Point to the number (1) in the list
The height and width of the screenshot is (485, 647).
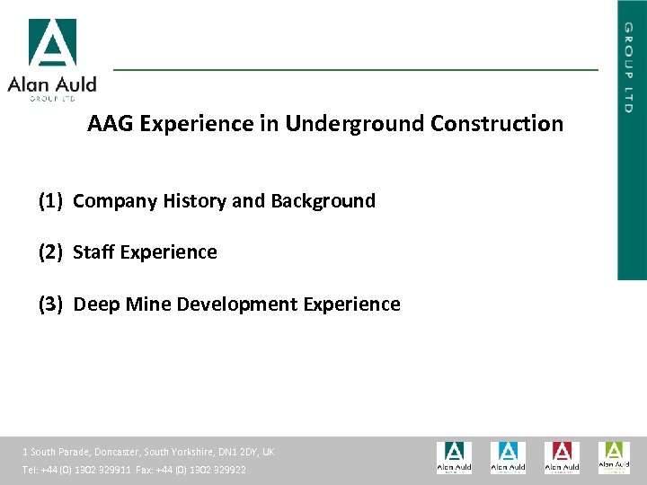click(x=50, y=201)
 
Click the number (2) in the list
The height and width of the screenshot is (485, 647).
click(x=50, y=252)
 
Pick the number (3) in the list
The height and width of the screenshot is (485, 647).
click(x=50, y=304)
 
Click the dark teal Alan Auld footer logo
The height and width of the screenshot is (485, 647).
click(x=454, y=457)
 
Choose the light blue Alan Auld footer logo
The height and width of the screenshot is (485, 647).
click(x=508, y=457)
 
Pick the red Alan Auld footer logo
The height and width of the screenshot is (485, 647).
click(x=562, y=457)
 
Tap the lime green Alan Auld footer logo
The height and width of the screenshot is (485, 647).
click(x=615, y=457)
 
